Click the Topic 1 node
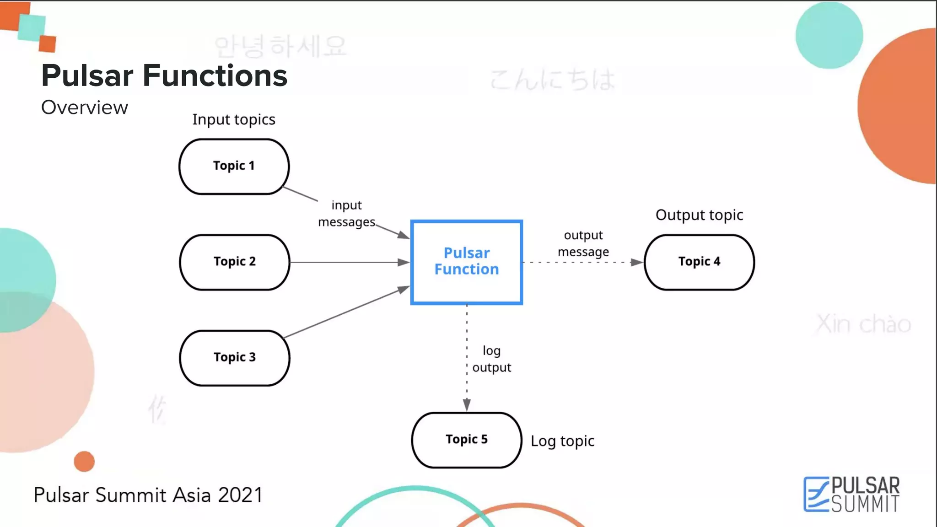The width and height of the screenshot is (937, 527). pyautogui.click(x=234, y=167)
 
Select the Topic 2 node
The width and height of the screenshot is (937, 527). pyautogui.click(x=234, y=262)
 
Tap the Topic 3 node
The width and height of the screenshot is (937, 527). pyautogui.click(x=234, y=358)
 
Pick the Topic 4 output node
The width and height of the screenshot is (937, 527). pyautogui.click(x=699, y=262)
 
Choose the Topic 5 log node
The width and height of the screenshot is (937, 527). pyautogui.click(x=466, y=440)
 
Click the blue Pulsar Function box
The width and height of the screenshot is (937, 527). pyautogui.click(x=466, y=262)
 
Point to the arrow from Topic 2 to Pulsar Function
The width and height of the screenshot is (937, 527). pyautogui.click(x=348, y=262)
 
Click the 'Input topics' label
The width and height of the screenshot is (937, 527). pyautogui.click(x=233, y=119)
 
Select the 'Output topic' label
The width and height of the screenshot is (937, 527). pyautogui.click(x=699, y=215)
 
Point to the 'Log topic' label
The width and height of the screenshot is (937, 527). pyautogui.click(x=562, y=441)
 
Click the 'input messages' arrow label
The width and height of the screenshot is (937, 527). pyautogui.click(x=346, y=214)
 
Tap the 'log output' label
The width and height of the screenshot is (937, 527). pyautogui.click(x=492, y=359)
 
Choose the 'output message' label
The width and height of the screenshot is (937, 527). pyautogui.click(x=583, y=243)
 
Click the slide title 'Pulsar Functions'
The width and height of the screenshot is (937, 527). pyautogui.click(x=164, y=75)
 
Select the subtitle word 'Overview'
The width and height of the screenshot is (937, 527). pyautogui.click(x=85, y=108)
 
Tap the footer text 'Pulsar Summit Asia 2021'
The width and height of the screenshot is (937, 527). pyautogui.click(x=148, y=495)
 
